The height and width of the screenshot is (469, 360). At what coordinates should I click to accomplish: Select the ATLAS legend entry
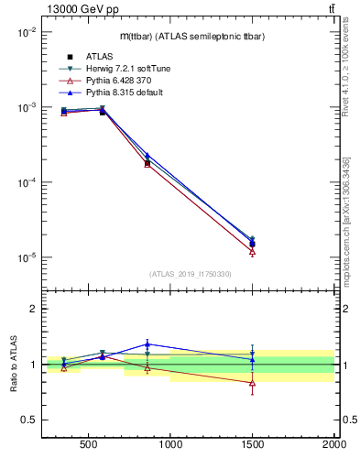point(88,57)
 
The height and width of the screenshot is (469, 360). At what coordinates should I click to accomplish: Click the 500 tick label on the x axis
point(89,448)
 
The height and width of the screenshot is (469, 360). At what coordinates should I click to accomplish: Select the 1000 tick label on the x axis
point(170,448)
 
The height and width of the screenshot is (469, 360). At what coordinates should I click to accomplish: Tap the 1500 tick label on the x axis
point(252,448)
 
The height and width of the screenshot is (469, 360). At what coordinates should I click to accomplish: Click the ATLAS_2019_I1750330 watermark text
point(190,274)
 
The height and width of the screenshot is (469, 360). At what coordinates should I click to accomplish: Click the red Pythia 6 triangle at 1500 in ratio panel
point(252,382)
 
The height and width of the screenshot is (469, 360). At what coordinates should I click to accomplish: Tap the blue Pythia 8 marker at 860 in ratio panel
point(147,344)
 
